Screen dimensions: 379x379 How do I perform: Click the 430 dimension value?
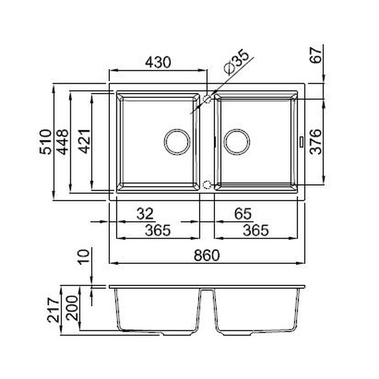[x=158, y=62]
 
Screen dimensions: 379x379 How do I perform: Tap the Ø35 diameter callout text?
[x=236, y=62]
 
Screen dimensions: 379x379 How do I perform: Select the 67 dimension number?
[x=316, y=55]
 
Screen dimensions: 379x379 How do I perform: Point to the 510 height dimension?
[x=45, y=142]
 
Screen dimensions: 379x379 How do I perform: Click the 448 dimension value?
[x=62, y=142]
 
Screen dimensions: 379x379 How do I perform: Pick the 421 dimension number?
[x=85, y=142]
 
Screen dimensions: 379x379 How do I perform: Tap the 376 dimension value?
[x=316, y=142]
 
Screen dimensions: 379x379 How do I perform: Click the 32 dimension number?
[x=145, y=214]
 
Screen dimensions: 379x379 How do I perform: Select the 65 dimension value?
[x=243, y=214]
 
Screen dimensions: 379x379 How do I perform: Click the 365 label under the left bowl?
[x=158, y=230]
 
